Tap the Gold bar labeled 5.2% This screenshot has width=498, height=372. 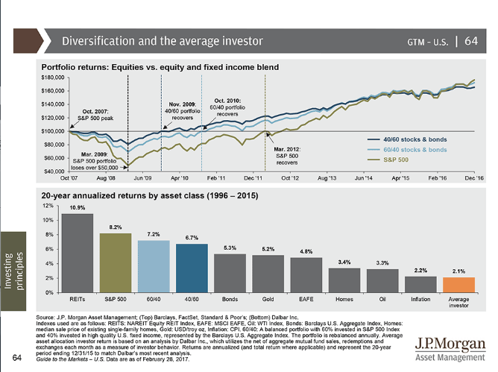[x=268, y=273]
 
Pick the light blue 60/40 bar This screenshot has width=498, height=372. [x=154, y=265]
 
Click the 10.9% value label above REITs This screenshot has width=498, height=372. [x=77, y=207]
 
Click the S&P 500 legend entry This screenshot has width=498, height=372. [x=397, y=160]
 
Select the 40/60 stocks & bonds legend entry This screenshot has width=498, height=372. [x=414, y=139]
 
